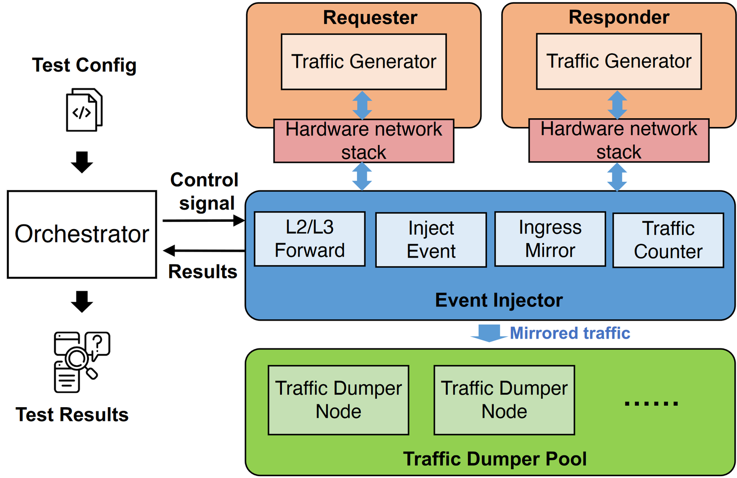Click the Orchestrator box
click(82, 234)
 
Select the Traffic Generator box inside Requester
click(363, 62)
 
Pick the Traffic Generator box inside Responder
click(619, 61)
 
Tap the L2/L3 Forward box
click(310, 239)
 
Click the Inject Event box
click(431, 240)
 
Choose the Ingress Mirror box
click(550, 239)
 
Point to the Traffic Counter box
click(668, 240)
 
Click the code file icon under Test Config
click(84, 110)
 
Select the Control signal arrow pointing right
click(203, 221)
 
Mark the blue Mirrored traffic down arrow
click(489, 333)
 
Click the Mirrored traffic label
click(570, 333)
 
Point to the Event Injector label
click(499, 300)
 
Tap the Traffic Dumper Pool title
click(495, 459)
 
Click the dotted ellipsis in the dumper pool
click(651, 403)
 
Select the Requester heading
click(370, 17)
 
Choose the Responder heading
click(619, 17)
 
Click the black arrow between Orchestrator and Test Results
click(82, 301)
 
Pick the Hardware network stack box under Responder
click(619, 140)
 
